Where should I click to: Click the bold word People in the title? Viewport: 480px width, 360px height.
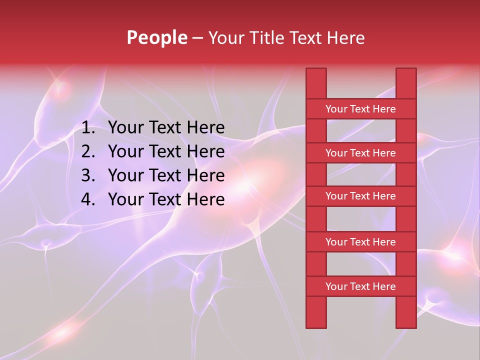157,37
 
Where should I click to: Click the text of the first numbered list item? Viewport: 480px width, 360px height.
166,128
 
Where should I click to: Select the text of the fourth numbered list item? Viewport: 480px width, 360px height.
166,199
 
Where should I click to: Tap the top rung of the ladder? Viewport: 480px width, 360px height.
360,109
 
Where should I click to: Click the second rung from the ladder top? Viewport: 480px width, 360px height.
360,153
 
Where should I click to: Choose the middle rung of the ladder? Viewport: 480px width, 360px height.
360,196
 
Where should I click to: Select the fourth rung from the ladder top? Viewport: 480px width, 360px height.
360,242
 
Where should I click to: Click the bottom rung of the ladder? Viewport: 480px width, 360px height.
360,286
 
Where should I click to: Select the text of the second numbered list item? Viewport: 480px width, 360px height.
166,151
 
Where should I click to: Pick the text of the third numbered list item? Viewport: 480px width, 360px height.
166,175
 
